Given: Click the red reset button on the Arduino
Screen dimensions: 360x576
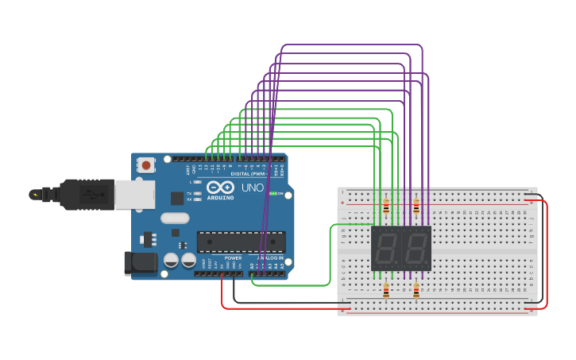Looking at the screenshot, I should [146, 165].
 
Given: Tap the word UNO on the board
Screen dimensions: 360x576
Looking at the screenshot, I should [253, 188].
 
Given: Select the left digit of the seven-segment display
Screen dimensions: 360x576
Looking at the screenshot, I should [387, 248].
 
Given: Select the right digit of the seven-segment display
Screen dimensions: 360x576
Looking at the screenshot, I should [416, 248].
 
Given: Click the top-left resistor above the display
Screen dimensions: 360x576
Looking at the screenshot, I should [386, 207].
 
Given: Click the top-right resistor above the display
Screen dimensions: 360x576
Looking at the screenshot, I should [416, 207].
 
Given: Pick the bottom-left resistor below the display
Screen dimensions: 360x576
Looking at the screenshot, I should [386, 291].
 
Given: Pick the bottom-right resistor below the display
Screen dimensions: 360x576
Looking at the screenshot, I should [416, 291].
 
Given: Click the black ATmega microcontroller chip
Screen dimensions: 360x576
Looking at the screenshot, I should [241, 242].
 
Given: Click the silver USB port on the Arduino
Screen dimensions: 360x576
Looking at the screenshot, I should [133, 194].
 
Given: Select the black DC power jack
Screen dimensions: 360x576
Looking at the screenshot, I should [140, 264].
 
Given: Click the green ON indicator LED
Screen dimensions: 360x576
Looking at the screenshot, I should [273, 193].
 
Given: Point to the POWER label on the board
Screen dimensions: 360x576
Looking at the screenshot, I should [233, 258].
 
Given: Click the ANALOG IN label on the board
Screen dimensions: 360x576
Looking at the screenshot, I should [271, 258].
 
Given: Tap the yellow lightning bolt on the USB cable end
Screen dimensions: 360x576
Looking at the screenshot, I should [33, 194].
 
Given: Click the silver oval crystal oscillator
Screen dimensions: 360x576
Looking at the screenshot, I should [175, 218].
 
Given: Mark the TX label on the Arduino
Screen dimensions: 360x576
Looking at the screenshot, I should [190, 193].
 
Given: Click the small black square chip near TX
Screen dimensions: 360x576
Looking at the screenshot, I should [182, 245].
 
